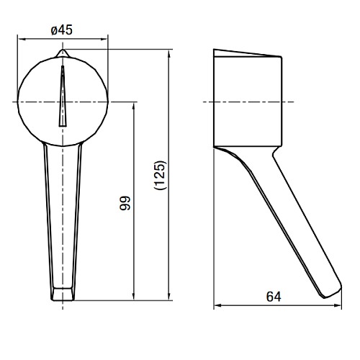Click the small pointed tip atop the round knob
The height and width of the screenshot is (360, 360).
[62, 53]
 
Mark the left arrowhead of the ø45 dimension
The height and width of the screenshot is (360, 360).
[19, 40]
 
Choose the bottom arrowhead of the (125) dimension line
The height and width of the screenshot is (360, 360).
[169, 297]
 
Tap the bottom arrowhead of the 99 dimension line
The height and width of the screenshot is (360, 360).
[134, 297]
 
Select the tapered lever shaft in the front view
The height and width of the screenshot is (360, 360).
[62, 216]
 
